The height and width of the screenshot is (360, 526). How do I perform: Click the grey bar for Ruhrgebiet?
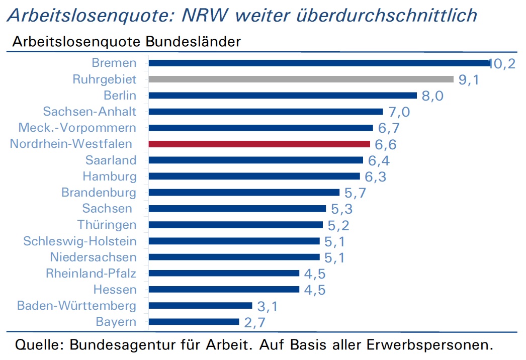[301, 79]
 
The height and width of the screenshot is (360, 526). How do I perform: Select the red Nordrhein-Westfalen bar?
[259, 144]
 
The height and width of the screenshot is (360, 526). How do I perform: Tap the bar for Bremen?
[320, 63]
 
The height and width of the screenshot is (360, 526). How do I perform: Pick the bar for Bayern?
[194, 322]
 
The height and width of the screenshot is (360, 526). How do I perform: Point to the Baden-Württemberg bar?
[200, 305]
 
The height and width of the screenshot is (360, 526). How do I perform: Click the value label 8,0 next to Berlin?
[432, 96]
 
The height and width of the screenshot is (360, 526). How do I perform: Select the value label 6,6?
[385, 145]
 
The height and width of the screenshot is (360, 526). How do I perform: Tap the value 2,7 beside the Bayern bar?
[254, 323]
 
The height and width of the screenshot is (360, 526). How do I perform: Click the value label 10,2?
[502, 64]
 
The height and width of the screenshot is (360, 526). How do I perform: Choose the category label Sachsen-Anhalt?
[90, 112]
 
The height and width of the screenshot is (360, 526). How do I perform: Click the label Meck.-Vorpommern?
[77, 128]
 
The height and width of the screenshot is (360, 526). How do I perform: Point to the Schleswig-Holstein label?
[80, 241]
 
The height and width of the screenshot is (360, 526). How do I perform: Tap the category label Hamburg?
[110, 176]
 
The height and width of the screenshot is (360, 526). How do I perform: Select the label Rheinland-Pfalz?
[91, 273]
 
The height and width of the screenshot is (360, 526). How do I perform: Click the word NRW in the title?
[205, 16]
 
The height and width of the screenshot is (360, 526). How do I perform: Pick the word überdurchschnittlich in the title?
[386, 16]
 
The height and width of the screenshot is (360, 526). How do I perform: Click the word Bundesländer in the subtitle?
[193, 42]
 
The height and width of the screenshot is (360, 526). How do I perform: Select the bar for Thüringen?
[235, 225]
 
